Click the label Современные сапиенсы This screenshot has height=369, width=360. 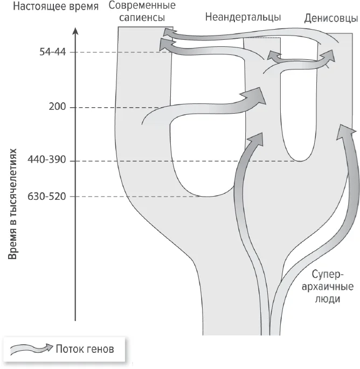[142, 11]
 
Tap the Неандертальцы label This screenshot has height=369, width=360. [243, 17]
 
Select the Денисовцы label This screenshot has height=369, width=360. [331, 18]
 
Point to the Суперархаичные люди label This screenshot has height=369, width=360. [328, 287]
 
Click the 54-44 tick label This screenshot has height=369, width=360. [53, 52]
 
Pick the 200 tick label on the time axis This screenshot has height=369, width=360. [57, 107]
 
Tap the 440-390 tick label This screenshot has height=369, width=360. [47, 160]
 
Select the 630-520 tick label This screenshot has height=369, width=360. [47, 196]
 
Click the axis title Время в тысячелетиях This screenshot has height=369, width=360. [13, 204]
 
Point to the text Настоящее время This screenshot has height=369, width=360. [56, 6]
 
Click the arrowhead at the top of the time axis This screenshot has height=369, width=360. [75, 31]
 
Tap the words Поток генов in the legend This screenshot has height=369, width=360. [85, 349]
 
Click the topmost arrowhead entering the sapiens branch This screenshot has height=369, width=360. [169, 33]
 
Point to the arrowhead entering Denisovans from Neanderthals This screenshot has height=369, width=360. [328, 57]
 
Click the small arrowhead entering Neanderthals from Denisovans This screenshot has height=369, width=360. [273, 55]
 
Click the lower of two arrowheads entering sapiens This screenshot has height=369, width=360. [166, 45]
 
